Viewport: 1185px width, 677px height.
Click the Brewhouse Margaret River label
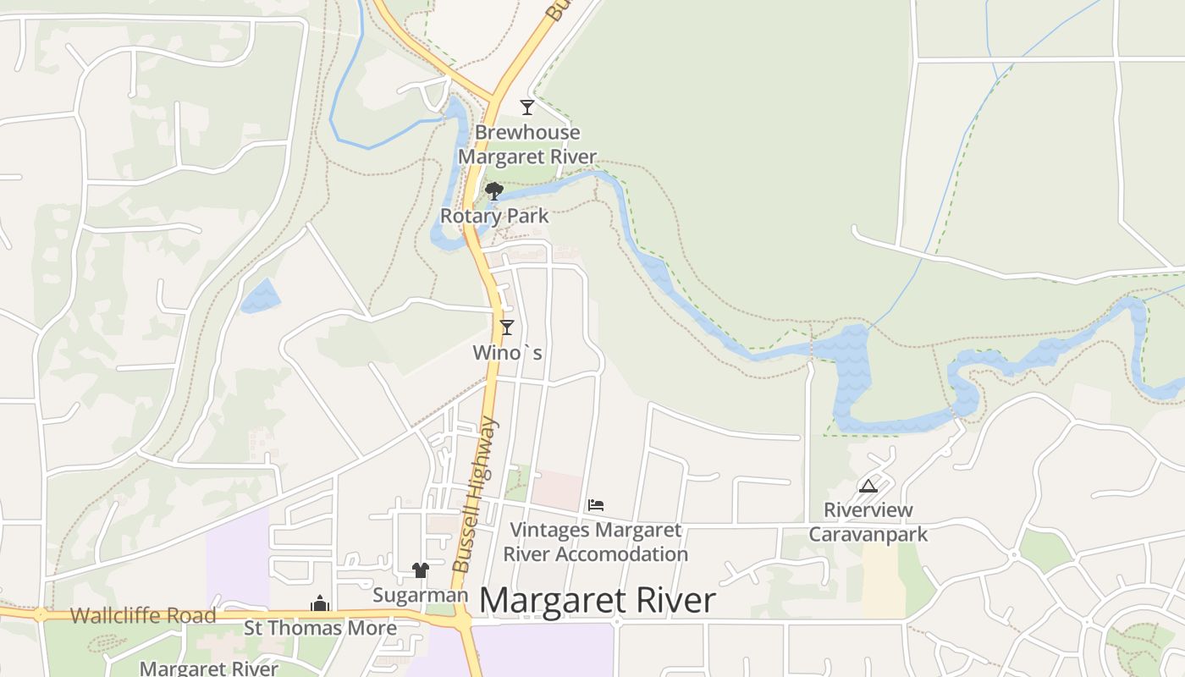click(x=527, y=145)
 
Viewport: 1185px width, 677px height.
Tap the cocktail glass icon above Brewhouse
click(x=527, y=107)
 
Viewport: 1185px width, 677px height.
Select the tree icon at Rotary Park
click(x=494, y=191)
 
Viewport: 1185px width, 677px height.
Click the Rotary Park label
click(x=494, y=216)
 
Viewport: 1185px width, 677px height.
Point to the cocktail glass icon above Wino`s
click(x=507, y=327)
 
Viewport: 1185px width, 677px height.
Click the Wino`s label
click(x=507, y=352)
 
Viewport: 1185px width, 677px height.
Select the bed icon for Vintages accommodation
click(x=596, y=505)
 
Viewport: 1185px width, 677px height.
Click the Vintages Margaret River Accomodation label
click(x=596, y=542)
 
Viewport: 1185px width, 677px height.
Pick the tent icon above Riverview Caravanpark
click(x=868, y=486)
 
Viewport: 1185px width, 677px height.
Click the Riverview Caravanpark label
click(x=868, y=522)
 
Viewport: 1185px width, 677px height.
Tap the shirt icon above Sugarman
click(x=421, y=570)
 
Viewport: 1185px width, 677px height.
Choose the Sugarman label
click(x=421, y=596)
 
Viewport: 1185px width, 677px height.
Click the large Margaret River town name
click(x=598, y=601)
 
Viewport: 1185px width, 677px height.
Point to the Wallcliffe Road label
click(x=143, y=616)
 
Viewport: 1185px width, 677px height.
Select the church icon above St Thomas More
click(x=320, y=603)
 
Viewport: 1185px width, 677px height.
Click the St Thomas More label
click(x=320, y=628)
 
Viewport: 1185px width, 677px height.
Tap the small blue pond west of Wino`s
click(x=260, y=297)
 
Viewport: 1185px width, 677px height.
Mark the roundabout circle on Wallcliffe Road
click(x=40, y=614)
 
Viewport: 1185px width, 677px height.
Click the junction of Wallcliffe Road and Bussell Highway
click(x=461, y=621)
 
